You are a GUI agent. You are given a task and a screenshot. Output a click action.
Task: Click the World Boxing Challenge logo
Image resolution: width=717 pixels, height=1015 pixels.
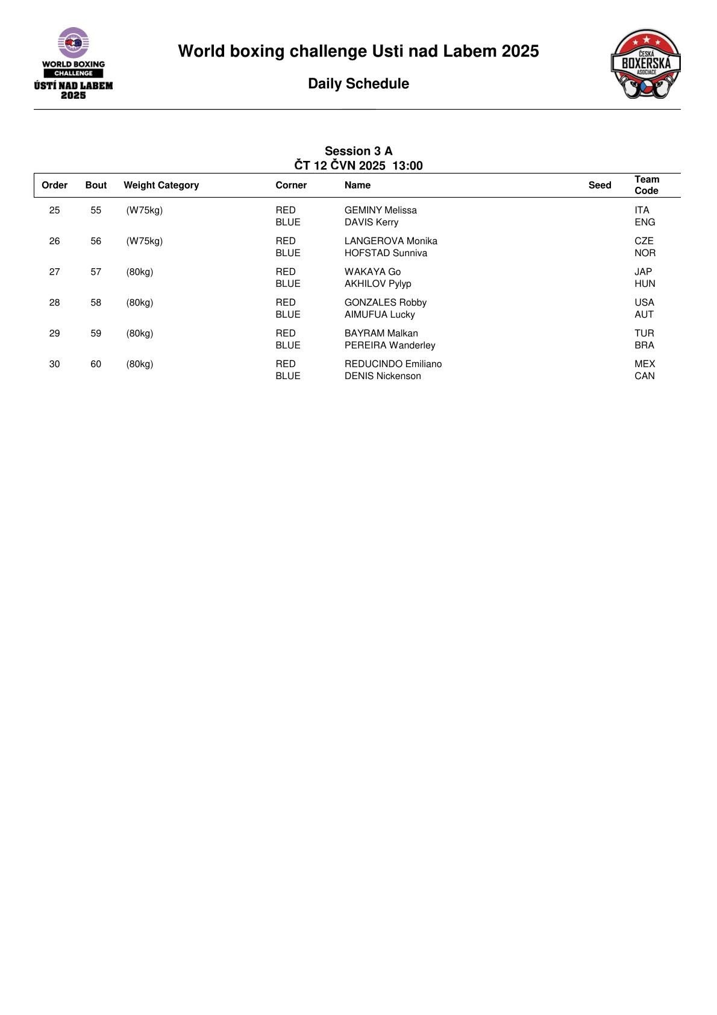(74, 63)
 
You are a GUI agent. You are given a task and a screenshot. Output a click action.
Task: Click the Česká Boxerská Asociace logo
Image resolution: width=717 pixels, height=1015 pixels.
(645, 64)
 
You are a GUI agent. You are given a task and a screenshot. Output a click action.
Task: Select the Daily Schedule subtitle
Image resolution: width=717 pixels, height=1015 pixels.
(358, 84)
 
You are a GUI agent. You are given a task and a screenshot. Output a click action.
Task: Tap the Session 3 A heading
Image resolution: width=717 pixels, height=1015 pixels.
(358, 151)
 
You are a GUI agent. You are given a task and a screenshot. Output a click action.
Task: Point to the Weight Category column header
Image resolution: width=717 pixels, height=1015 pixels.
(161, 185)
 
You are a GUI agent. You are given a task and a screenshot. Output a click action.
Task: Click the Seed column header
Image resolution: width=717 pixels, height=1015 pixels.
(600, 185)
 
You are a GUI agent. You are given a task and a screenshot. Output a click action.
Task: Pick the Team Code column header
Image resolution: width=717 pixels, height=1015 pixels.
(647, 185)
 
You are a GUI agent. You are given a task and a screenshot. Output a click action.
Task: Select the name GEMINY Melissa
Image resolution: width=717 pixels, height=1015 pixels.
(380, 210)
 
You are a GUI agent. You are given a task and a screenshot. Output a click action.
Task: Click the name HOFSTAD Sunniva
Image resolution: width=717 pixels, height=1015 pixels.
(386, 253)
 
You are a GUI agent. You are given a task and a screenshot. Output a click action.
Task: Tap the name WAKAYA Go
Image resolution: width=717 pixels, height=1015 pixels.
(372, 272)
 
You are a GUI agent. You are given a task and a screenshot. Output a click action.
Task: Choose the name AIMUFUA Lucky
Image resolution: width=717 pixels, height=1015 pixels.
(380, 315)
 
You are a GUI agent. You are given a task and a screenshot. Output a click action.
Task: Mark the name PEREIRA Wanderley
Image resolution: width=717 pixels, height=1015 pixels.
(390, 345)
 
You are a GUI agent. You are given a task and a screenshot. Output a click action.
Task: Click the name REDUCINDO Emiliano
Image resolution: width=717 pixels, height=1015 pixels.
(393, 364)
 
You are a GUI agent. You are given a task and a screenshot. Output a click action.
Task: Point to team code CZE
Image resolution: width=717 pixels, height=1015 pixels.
(643, 241)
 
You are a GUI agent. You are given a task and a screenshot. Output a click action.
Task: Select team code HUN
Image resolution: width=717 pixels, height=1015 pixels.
(645, 284)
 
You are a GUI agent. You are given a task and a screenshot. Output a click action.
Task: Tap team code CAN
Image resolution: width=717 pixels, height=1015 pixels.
(644, 376)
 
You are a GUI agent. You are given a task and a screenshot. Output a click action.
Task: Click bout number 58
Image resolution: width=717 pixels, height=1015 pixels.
(96, 303)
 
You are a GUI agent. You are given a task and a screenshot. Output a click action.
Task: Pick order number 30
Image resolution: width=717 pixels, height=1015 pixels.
(54, 364)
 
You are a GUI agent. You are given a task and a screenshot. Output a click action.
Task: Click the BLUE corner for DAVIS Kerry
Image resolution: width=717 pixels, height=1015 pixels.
(288, 222)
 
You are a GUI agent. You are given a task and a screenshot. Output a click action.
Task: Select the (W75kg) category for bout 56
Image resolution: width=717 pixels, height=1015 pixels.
(145, 241)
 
